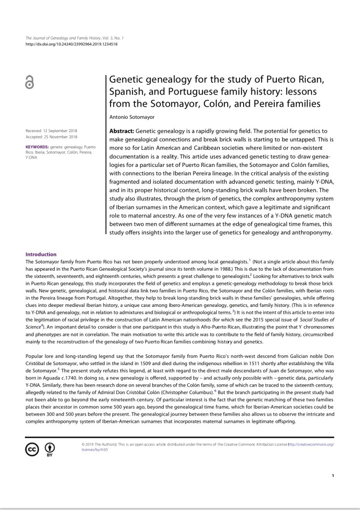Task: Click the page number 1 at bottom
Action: click(333, 475)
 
